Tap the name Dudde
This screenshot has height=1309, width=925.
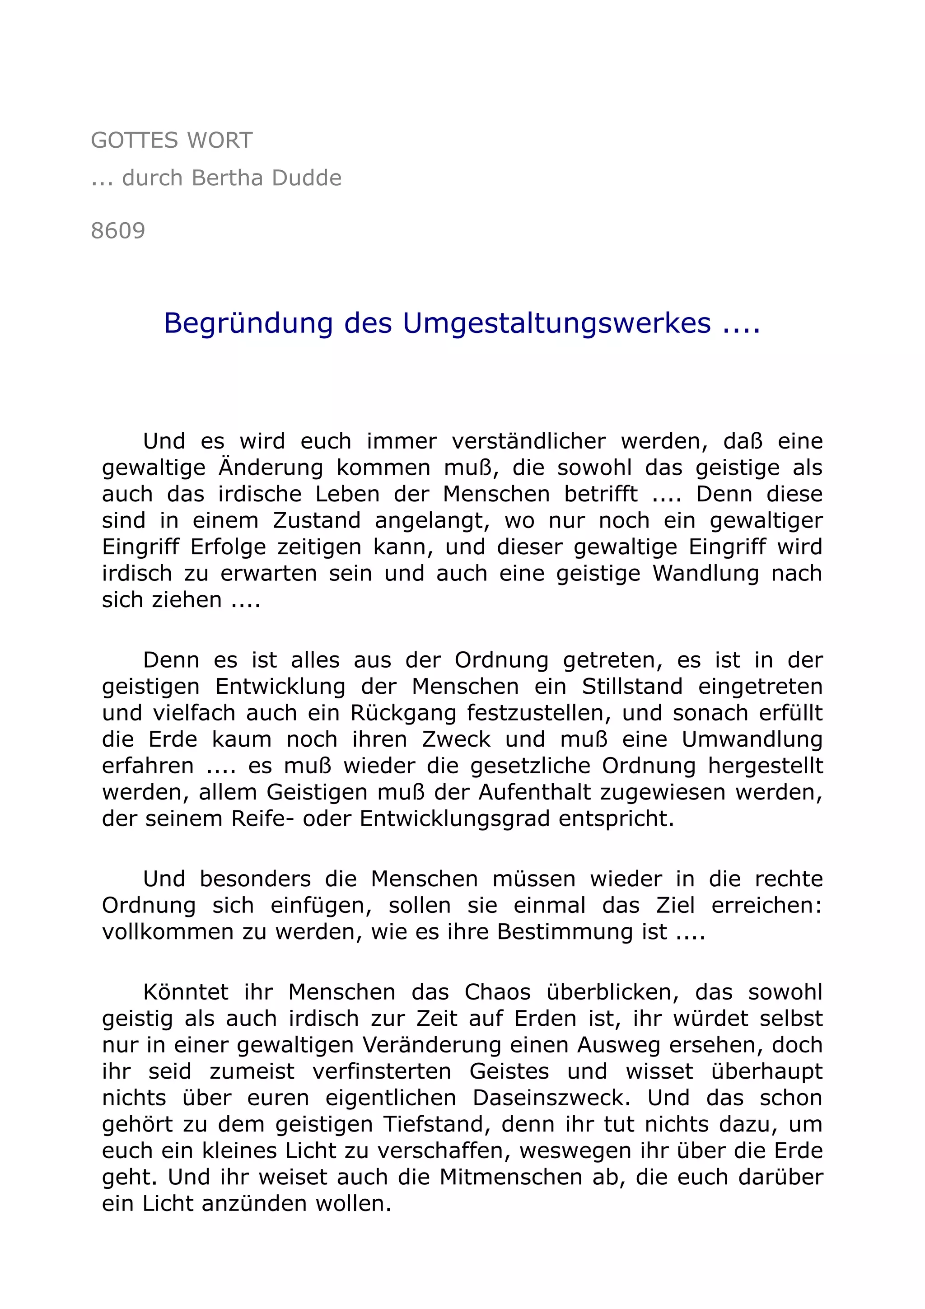coord(307,178)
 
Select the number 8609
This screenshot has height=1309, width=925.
coord(118,231)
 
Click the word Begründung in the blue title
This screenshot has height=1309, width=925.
coord(248,323)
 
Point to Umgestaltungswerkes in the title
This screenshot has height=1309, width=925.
coord(557,323)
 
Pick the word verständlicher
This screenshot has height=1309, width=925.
coord(528,441)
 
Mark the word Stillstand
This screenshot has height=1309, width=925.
coord(631,687)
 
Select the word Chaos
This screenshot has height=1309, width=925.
coord(497,992)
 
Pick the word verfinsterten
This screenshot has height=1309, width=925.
coord(381,1071)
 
